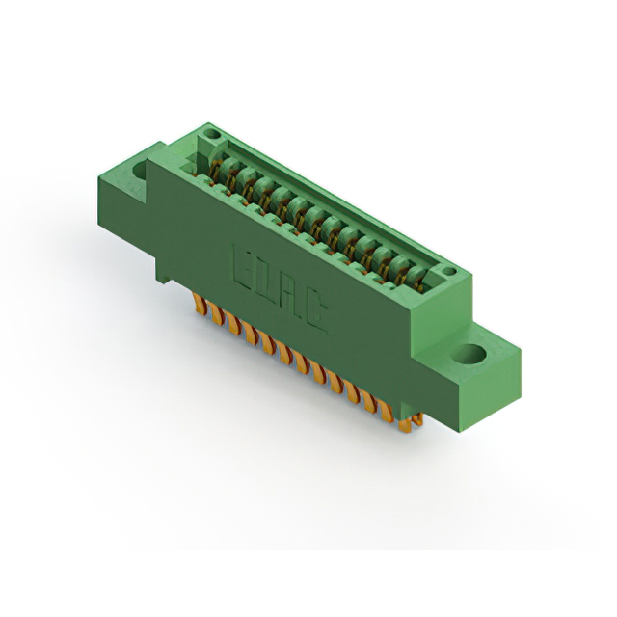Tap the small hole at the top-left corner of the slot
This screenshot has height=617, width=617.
(x=213, y=135)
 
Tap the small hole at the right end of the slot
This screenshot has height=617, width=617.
(x=448, y=271)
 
